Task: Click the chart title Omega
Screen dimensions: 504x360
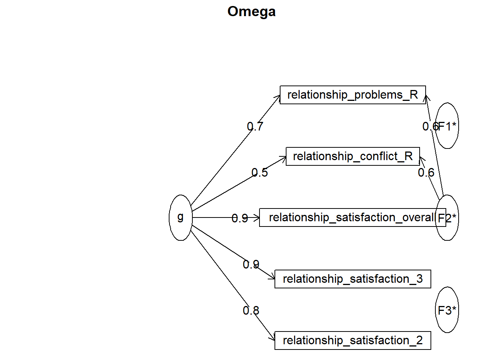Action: pos(251,12)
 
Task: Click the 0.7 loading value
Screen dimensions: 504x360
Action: pos(255,126)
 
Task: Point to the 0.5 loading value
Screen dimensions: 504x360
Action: pos(259,172)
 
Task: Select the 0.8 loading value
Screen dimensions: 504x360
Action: pos(251,311)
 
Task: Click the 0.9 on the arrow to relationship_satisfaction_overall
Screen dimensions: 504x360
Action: pos(240,219)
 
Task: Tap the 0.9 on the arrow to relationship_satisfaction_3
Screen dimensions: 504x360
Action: pos(251,264)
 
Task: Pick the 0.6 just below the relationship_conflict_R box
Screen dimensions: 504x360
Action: pos(426,172)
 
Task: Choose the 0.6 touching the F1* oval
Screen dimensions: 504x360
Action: pos(430,126)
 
